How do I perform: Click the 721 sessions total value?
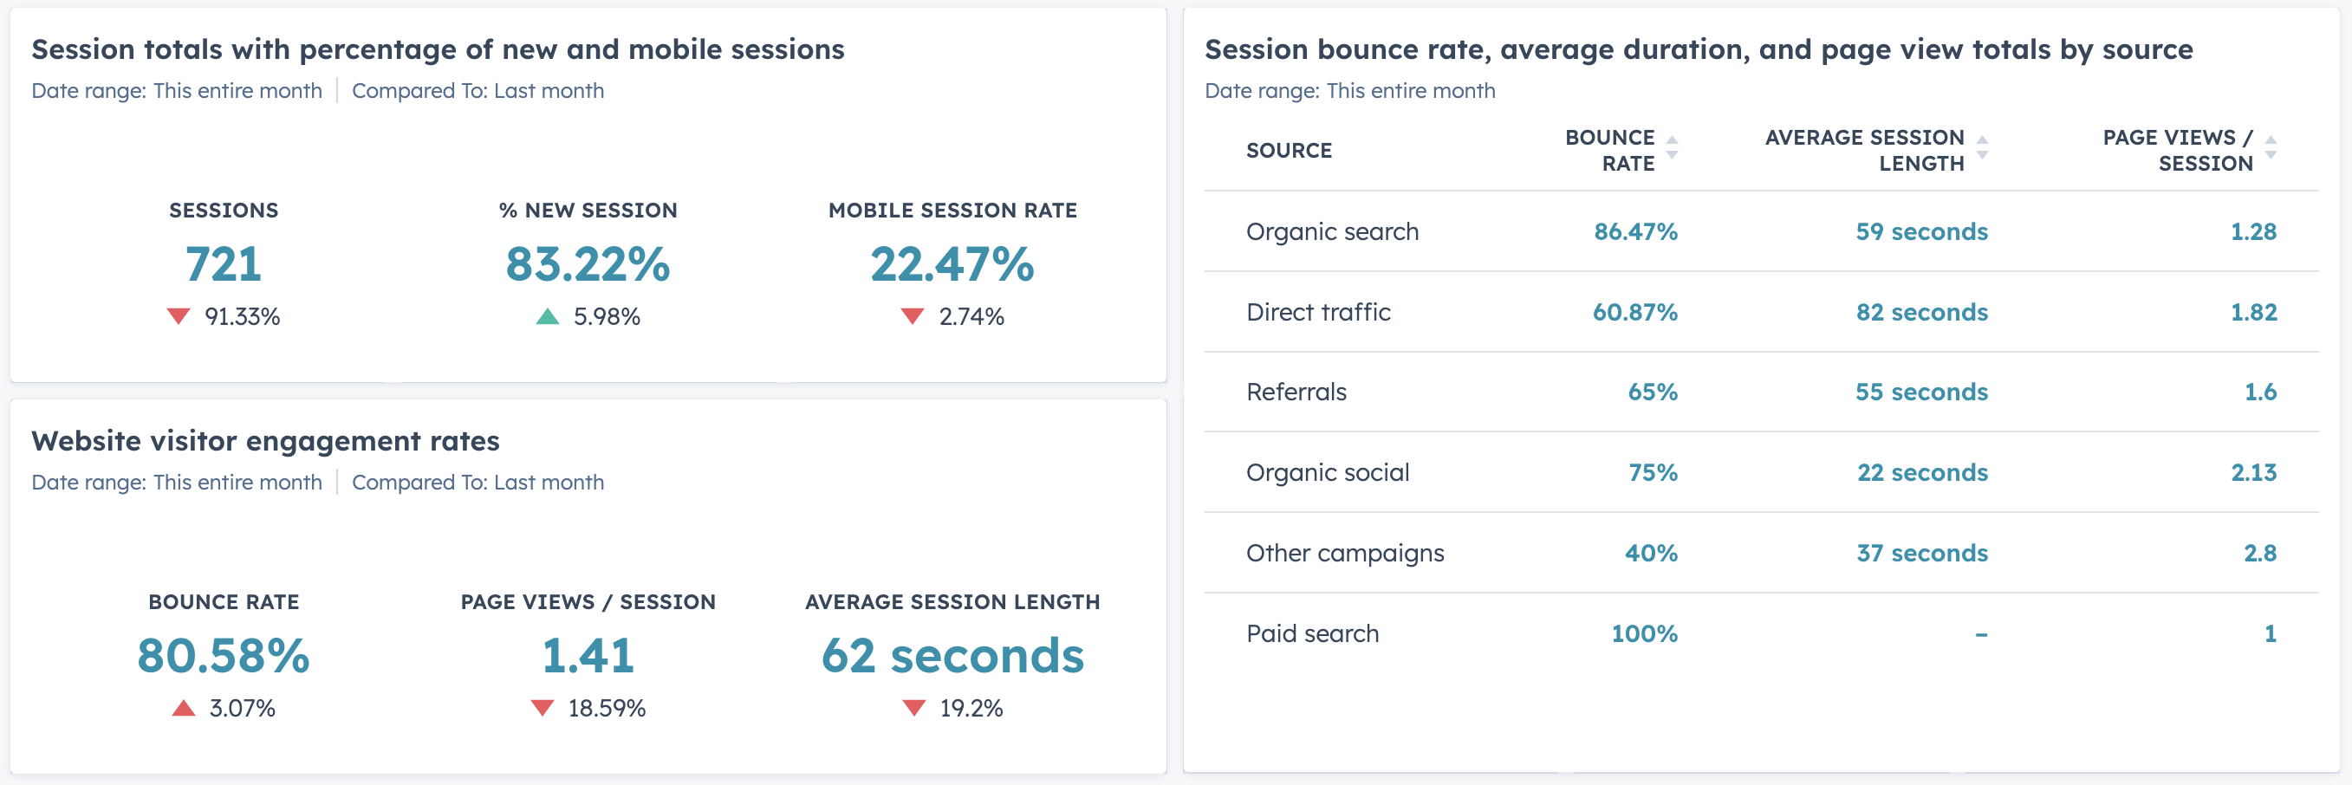tap(224, 265)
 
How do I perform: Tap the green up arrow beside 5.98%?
tap(547, 317)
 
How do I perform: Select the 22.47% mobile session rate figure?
tap(952, 265)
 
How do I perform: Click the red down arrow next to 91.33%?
tap(178, 317)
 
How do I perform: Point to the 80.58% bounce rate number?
tap(224, 655)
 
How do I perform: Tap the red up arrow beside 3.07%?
tap(184, 709)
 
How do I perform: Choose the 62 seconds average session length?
tap(952, 655)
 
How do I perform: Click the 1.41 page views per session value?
tap(588, 655)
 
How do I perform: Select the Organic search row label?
tap(1332, 232)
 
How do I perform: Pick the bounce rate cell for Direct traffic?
tap(1634, 312)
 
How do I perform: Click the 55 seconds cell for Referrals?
tap(1921, 392)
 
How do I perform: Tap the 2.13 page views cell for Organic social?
tap(2253, 473)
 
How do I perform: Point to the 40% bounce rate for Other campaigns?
tap(1651, 553)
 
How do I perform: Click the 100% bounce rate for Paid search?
tap(1643, 633)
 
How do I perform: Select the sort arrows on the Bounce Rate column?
tap(1672, 148)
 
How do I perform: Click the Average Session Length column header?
tap(1864, 151)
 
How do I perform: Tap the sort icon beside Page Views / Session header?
tap(2271, 148)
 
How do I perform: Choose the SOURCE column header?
tap(1289, 151)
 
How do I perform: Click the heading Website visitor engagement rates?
tap(266, 441)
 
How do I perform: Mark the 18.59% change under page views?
tap(607, 709)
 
